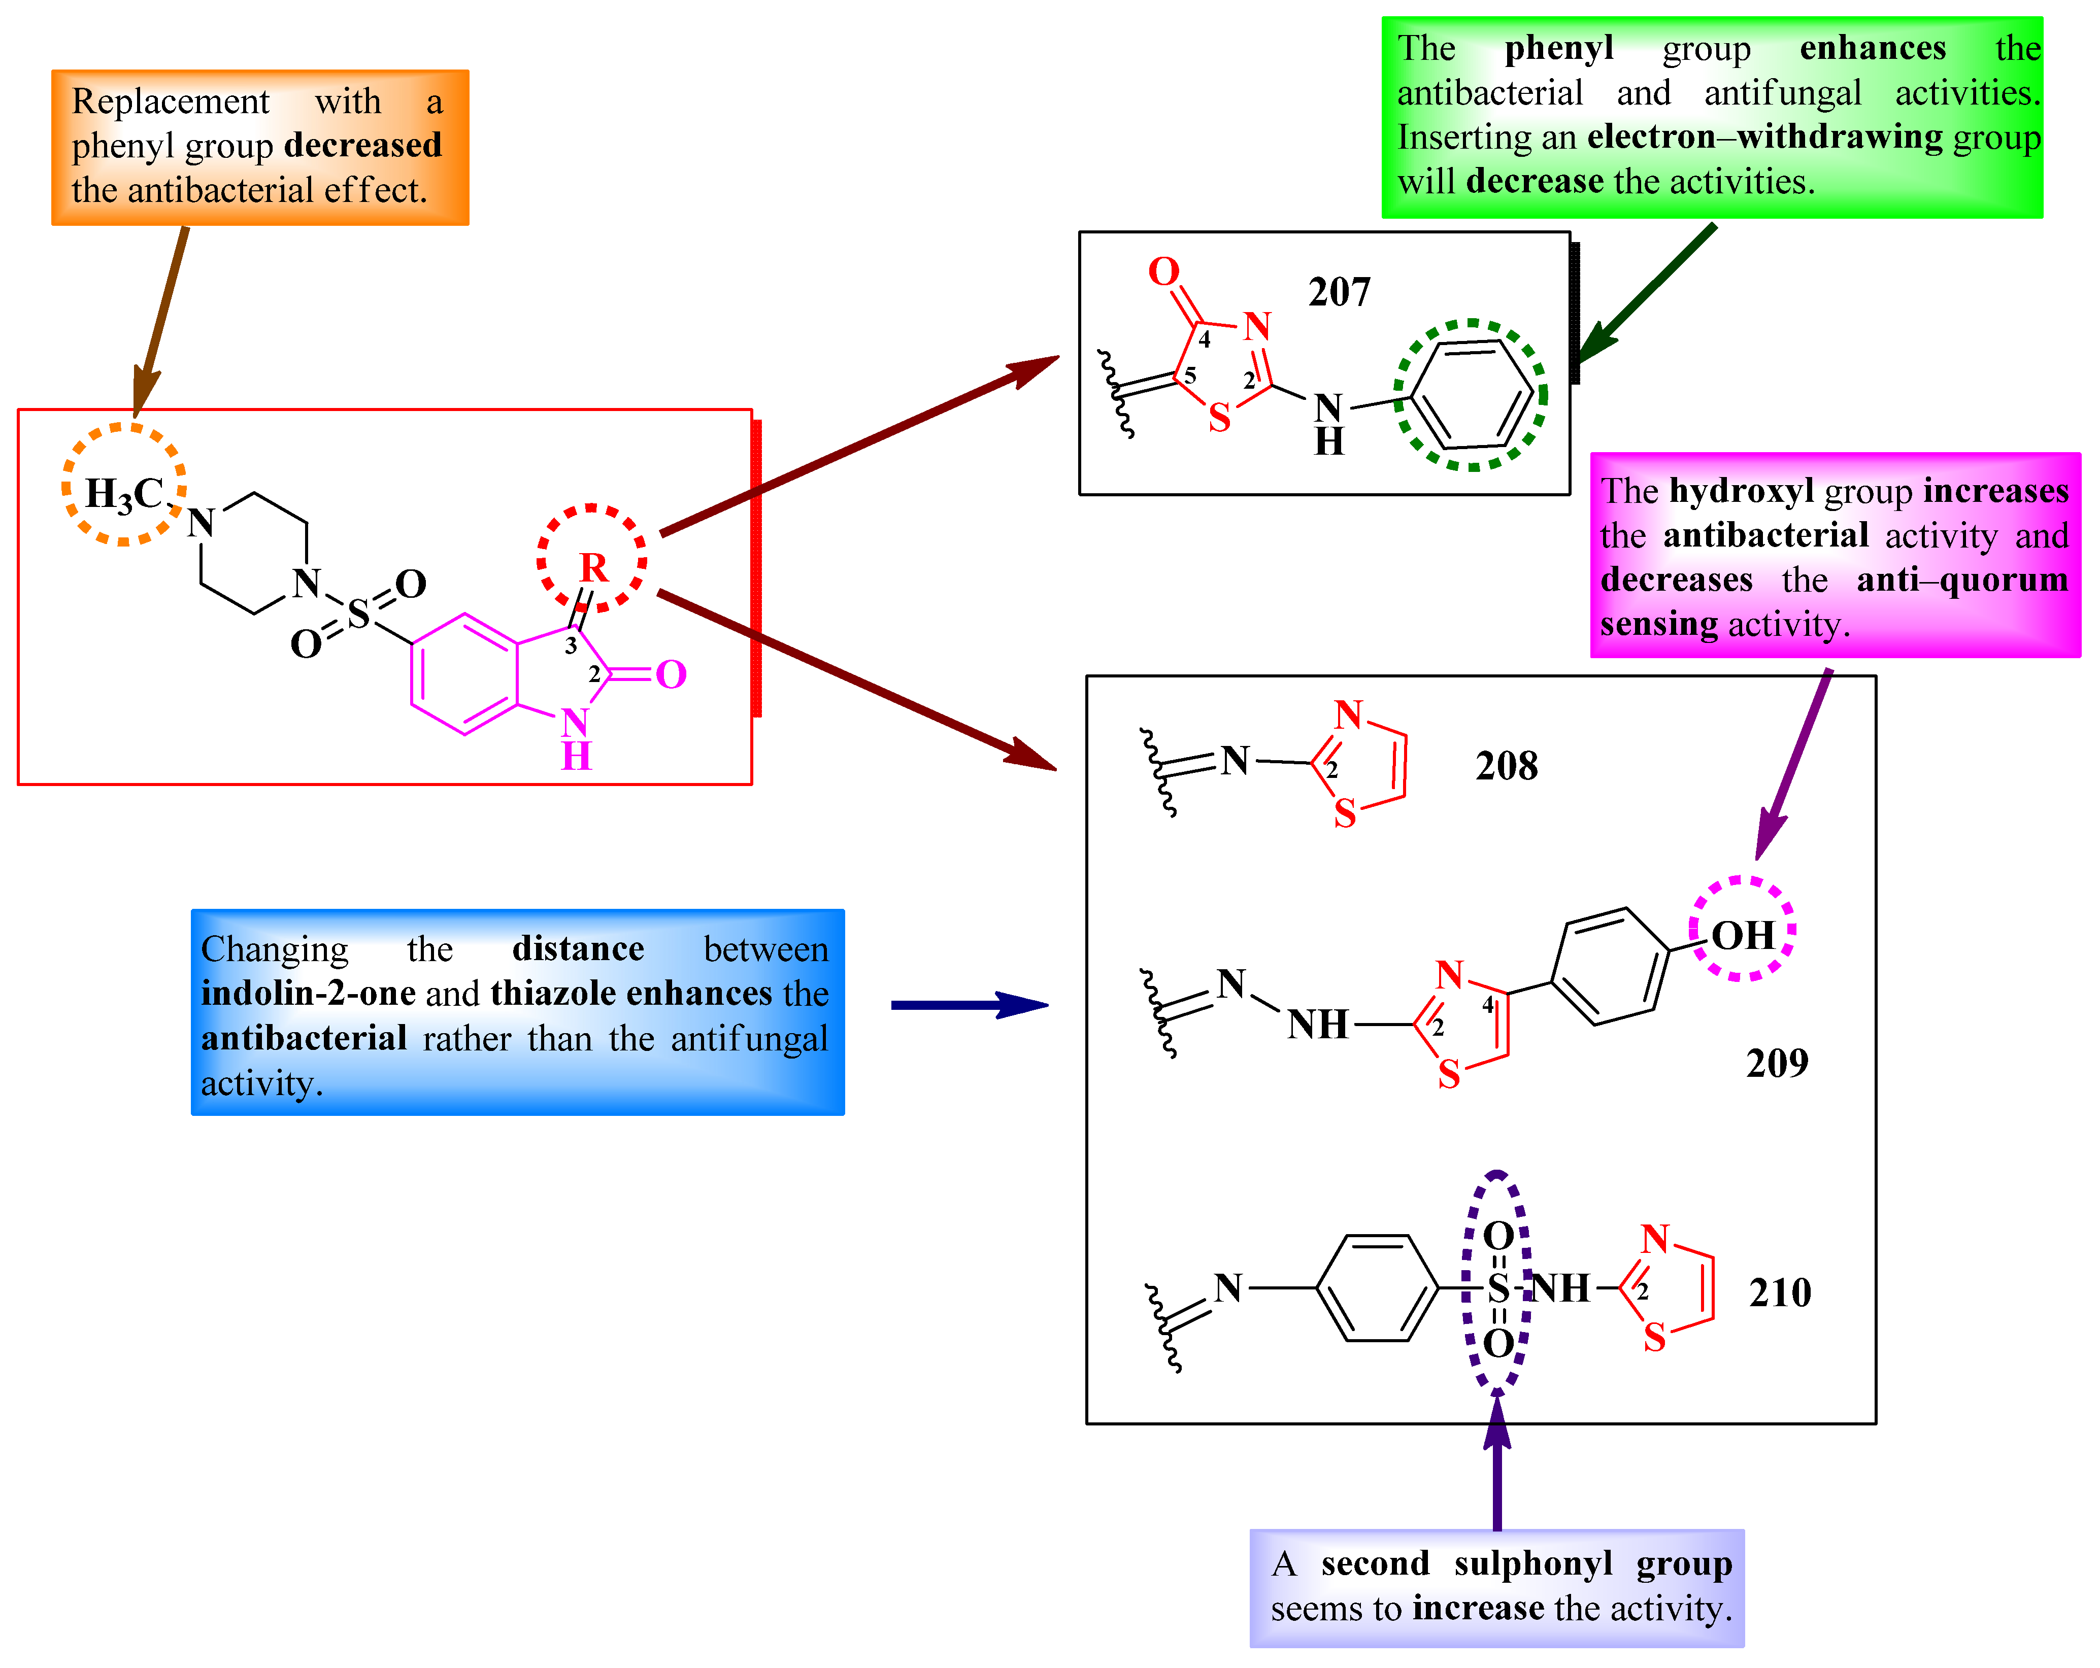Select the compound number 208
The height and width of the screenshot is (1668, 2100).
1506,766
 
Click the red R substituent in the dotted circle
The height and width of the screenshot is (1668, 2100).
593,567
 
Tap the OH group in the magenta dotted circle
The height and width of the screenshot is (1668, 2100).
1743,936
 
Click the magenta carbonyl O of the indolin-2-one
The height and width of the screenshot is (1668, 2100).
671,674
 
